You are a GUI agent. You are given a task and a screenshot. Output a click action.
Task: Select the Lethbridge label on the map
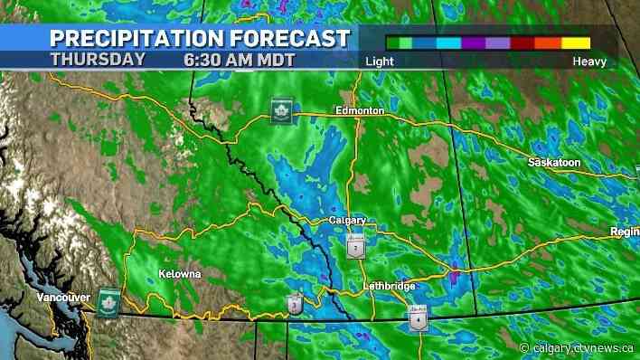click(x=388, y=287)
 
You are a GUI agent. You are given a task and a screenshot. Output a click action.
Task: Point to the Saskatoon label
click(x=553, y=161)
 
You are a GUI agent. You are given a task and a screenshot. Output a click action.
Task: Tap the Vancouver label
click(x=63, y=298)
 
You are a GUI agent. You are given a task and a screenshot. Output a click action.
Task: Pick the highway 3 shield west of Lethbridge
click(x=296, y=305)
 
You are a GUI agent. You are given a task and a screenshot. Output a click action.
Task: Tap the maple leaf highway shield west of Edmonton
click(x=280, y=110)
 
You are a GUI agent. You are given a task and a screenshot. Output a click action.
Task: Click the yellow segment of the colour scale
click(x=576, y=43)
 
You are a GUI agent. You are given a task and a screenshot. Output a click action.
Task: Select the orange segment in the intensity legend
click(x=549, y=43)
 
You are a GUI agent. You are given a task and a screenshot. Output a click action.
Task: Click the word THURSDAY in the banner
click(x=97, y=59)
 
